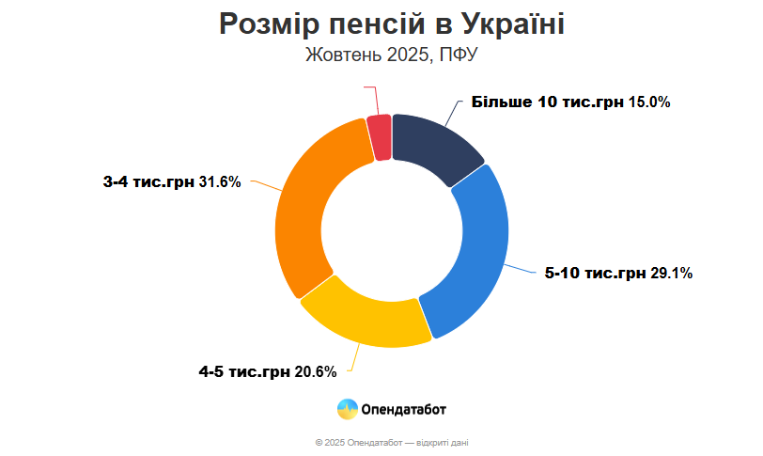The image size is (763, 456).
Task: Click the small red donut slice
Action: pyautogui.click(x=380, y=137)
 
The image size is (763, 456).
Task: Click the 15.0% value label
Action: pyautogui.click(x=649, y=102)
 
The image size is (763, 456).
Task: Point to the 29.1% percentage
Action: pyautogui.click(x=671, y=274)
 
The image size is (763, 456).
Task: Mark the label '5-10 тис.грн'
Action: pyautogui.click(x=596, y=274)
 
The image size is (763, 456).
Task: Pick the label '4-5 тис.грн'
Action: pyautogui.click(x=243, y=372)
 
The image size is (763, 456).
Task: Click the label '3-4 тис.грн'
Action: pyautogui.click(x=148, y=181)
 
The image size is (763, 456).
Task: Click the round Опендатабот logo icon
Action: pyautogui.click(x=347, y=409)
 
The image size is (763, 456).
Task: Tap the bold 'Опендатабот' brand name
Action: pyautogui.click(x=404, y=409)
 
